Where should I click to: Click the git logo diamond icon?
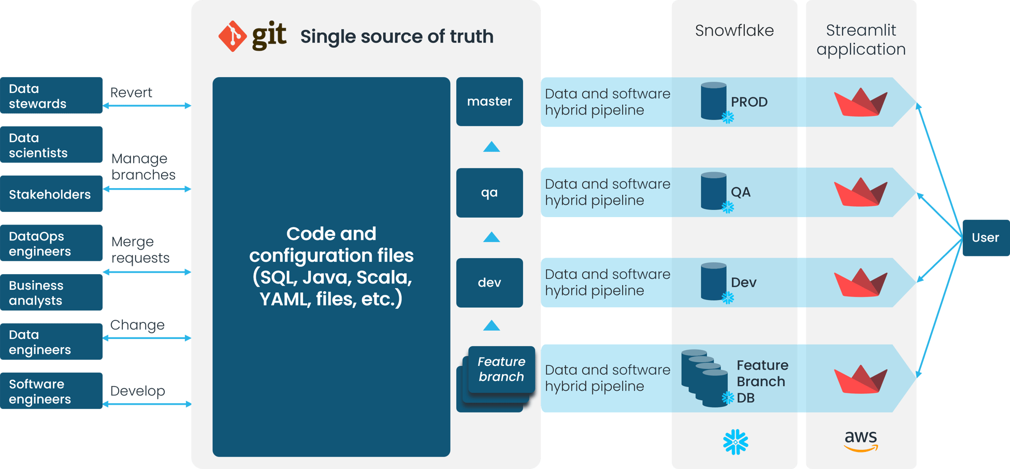[x=233, y=36]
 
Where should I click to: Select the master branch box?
[x=489, y=102]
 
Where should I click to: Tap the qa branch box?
[x=489, y=193]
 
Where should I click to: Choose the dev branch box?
[x=489, y=283]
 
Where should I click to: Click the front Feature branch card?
[x=501, y=369]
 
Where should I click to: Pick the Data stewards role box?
[x=51, y=96]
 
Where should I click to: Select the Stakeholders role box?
[x=51, y=194]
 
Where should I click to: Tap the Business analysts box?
[x=51, y=293]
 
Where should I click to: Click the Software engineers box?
[x=51, y=391]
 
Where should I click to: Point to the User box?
[x=985, y=238]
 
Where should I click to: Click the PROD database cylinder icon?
[x=713, y=101]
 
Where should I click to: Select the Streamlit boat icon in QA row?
[x=860, y=192]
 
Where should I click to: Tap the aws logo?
[x=861, y=441]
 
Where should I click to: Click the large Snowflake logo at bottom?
[x=735, y=442]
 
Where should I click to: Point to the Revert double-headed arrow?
[x=147, y=106]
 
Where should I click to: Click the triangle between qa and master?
[x=491, y=147]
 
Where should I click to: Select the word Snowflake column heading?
[x=734, y=31]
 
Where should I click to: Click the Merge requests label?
[x=140, y=250]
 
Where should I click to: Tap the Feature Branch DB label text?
[x=762, y=381]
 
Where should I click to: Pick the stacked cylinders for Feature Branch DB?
[x=704, y=378]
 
